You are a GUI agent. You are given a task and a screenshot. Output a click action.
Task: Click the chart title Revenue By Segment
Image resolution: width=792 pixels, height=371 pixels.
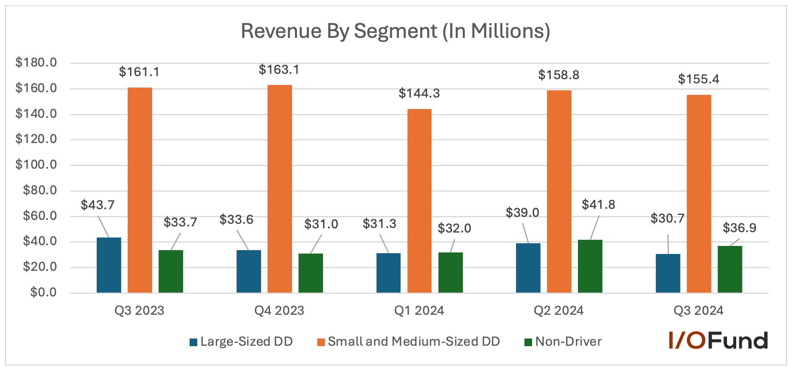click(x=395, y=31)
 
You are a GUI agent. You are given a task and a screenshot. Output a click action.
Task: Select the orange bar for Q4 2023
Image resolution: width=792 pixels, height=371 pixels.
click(x=279, y=189)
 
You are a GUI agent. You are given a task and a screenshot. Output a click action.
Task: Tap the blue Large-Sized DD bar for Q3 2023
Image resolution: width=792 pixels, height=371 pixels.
click(x=109, y=265)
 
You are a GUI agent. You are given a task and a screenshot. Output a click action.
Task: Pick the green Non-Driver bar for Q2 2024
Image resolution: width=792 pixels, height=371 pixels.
click(x=590, y=266)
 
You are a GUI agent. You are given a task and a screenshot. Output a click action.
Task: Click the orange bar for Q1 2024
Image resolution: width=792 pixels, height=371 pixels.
click(x=419, y=201)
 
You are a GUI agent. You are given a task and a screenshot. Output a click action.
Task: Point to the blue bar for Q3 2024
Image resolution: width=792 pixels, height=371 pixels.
click(x=668, y=273)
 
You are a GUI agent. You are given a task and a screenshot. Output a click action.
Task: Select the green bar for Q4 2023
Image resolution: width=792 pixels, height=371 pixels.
click(x=310, y=273)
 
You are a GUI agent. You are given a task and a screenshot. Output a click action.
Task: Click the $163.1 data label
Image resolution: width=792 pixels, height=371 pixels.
click(x=279, y=70)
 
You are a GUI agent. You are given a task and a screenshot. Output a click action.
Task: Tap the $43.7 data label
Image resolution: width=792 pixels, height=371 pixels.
click(x=97, y=205)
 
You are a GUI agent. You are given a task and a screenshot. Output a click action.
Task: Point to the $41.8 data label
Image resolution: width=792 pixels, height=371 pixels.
click(x=598, y=205)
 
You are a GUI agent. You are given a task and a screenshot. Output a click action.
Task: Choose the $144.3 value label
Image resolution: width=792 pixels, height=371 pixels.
click(x=419, y=93)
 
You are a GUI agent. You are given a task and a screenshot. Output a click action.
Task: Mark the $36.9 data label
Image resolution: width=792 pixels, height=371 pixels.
click(x=739, y=228)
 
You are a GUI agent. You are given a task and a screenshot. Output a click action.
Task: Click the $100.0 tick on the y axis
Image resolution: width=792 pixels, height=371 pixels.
click(x=36, y=165)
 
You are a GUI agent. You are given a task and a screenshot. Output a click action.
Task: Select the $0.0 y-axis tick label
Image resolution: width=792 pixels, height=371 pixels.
click(x=44, y=292)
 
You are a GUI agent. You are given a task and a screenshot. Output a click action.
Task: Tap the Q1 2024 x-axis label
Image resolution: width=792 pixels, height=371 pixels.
click(x=419, y=310)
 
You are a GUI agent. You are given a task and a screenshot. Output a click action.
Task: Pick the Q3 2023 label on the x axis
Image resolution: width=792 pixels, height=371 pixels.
click(x=139, y=310)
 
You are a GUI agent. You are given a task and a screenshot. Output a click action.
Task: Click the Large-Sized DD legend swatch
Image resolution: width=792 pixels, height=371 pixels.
click(x=193, y=342)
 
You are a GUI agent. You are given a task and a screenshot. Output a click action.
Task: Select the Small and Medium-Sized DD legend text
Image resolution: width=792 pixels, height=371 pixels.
click(x=414, y=341)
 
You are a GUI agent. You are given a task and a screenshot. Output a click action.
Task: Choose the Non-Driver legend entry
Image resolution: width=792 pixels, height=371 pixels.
click(x=563, y=341)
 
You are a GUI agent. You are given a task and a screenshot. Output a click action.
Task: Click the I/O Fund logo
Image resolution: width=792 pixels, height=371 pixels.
click(x=718, y=340)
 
